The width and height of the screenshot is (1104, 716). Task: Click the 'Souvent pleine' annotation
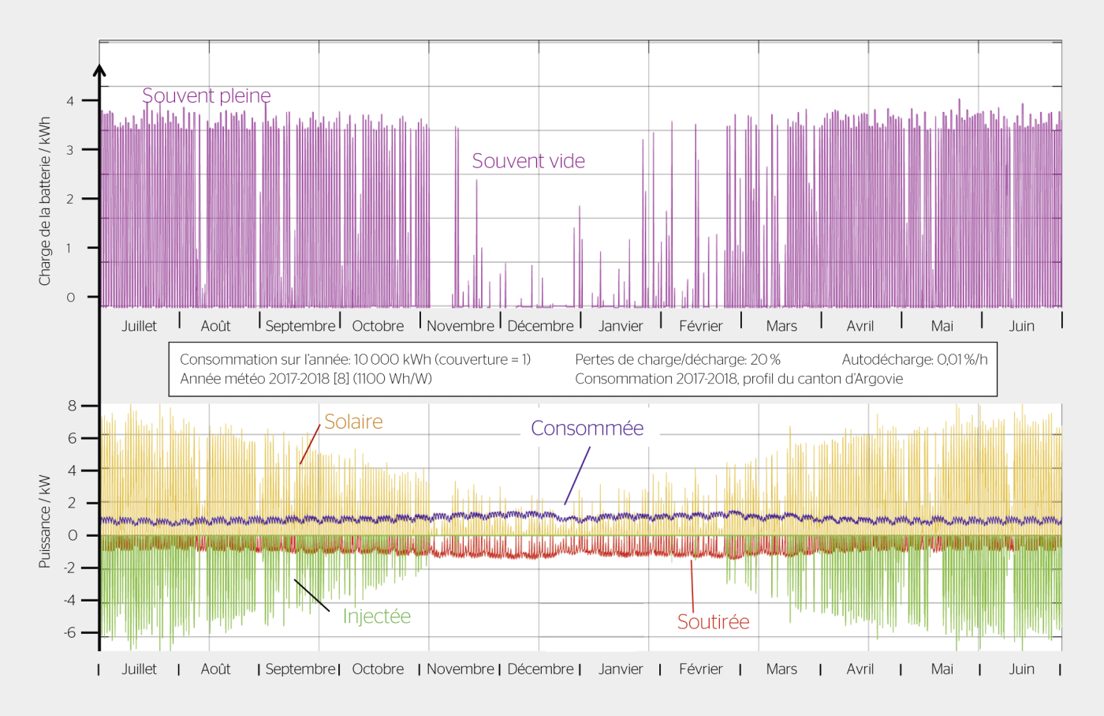[x=207, y=96]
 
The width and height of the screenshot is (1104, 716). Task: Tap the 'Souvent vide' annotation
[x=528, y=161]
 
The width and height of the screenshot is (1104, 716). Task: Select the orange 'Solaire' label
[x=353, y=422]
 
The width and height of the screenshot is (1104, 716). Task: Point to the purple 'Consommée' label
[x=587, y=428]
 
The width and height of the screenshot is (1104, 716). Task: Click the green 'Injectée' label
[x=376, y=616]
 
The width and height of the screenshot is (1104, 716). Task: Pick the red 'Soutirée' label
[x=713, y=622]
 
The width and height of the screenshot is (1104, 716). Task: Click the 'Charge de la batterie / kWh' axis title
[x=44, y=201]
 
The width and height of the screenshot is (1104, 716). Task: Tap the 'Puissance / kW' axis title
[x=44, y=521]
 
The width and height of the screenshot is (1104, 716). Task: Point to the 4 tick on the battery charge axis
[x=70, y=101]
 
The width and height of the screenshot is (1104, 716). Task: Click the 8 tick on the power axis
[x=73, y=406]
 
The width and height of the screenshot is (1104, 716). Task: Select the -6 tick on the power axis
[x=70, y=632]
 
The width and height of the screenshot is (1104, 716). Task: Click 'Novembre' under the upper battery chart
[x=461, y=326]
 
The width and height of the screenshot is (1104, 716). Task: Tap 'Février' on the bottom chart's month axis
[x=700, y=669]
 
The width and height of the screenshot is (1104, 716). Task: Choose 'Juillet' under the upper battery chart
[x=139, y=326]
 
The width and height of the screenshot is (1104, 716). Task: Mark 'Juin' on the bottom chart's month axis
[x=1021, y=669]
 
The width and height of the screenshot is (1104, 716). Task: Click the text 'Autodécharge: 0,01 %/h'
[x=914, y=360]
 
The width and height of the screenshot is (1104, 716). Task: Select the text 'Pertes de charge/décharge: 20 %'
[x=677, y=360]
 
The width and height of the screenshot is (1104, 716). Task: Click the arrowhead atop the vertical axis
[x=99, y=70]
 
